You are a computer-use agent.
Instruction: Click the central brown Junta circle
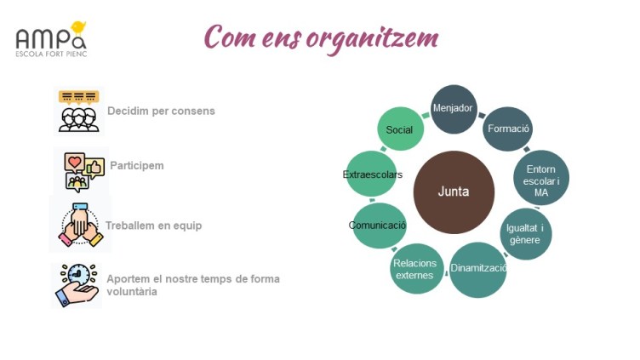tap(454, 191)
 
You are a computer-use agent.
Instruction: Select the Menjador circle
tap(453, 110)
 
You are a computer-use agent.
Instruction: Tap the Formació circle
tap(508, 129)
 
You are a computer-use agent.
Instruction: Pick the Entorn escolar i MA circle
tap(541, 180)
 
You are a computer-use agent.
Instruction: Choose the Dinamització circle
tap(478, 269)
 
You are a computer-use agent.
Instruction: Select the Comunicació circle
tap(378, 226)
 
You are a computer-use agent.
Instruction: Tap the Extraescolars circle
tap(372, 174)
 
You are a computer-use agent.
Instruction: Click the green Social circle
tap(400, 130)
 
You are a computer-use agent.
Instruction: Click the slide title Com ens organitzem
tap(322, 37)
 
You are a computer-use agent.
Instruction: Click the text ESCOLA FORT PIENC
tap(52, 54)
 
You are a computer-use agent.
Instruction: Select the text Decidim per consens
tap(161, 111)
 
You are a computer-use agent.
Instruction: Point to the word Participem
tap(137, 165)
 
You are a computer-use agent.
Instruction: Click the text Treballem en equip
tap(153, 226)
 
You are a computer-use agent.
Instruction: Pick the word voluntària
tap(132, 291)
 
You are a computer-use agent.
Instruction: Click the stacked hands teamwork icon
tap(81, 225)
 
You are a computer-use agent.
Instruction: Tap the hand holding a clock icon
tap(77, 284)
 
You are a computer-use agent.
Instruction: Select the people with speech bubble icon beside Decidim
tap(78, 110)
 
